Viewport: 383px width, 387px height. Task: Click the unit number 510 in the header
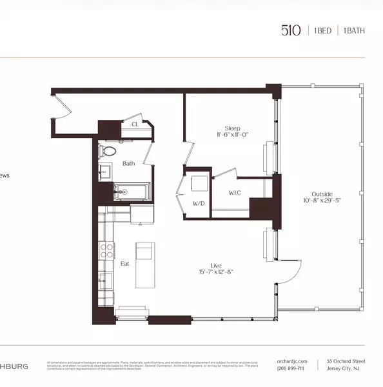[x=290, y=31]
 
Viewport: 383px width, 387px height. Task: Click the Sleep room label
[x=232, y=128]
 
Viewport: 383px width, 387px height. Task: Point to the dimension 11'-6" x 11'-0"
[x=232, y=135]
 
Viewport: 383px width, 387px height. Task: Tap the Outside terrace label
[x=322, y=193]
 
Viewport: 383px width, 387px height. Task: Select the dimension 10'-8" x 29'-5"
[x=322, y=201]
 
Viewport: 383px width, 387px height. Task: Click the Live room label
[x=216, y=264]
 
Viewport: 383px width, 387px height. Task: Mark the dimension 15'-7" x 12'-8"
[x=216, y=272]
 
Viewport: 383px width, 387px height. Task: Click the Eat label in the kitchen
[x=126, y=264]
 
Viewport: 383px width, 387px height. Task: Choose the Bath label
[x=128, y=164]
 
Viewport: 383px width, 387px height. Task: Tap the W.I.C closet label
[x=235, y=192]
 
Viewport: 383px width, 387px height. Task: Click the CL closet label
[x=135, y=124]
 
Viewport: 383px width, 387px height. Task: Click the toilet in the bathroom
[x=108, y=152]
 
